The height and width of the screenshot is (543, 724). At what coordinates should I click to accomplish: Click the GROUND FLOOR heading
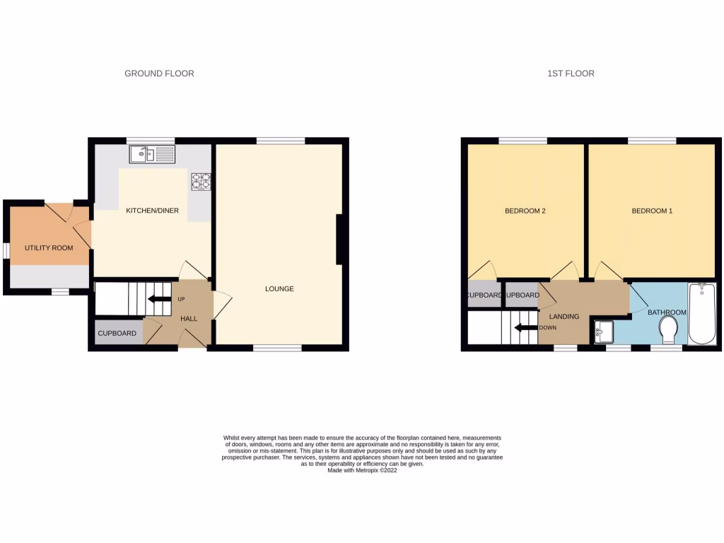pos(159,74)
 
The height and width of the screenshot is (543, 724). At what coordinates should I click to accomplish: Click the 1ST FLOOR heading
pos(571,74)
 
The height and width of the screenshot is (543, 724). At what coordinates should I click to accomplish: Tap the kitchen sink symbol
pos(152,153)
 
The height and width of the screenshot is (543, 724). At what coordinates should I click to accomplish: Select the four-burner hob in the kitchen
pos(201,182)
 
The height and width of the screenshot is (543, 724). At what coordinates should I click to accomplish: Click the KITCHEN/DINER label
pos(152,211)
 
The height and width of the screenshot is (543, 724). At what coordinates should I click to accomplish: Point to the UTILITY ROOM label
pos(49,248)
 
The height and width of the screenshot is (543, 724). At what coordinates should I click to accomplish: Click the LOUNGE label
pos(279,288)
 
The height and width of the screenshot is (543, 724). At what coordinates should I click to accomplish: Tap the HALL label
pos(189,319)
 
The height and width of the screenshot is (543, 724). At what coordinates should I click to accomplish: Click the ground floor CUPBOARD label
pos(117,333)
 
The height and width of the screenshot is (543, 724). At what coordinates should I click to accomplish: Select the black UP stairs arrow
pos(160,299)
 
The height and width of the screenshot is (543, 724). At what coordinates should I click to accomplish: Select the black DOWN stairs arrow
pos(525,327)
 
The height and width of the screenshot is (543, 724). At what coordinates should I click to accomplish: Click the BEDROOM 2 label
pos(525,211)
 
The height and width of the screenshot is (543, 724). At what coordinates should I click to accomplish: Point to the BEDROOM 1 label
pos(652,211)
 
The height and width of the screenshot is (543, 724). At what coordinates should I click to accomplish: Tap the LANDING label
pos(564,317)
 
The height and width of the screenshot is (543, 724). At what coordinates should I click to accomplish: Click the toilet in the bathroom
pos(667,330)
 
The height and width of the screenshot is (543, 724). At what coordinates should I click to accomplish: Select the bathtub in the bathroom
pos(702,314)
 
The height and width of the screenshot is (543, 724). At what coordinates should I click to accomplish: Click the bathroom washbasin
pos(603,330)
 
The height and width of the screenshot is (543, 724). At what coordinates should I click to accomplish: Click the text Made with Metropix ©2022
pos(362,470)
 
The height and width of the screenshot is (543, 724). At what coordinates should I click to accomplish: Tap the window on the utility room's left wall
pos(6,251)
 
